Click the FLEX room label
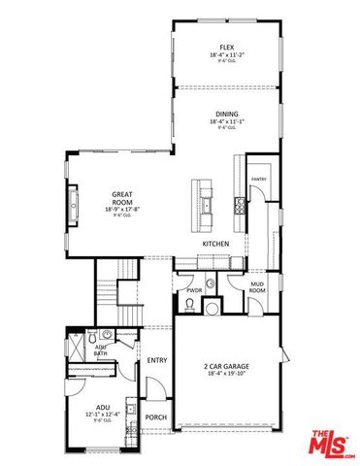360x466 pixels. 226,47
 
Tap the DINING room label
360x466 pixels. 226,114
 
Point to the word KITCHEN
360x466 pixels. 215,243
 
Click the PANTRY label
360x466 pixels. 259,180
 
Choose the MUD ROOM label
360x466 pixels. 257,286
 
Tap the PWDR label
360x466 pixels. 193,290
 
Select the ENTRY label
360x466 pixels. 156,360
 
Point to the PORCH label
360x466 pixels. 154,417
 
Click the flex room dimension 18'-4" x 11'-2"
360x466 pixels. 226,54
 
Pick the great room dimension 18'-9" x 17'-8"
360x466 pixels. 121,210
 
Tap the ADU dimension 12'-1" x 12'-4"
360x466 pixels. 102,415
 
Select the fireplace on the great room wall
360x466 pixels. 74,205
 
